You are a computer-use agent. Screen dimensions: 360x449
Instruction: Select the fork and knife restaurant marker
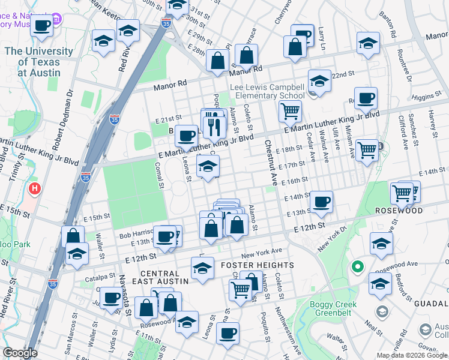(212, 125)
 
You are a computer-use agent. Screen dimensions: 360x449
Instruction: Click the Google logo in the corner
(20, 353)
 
